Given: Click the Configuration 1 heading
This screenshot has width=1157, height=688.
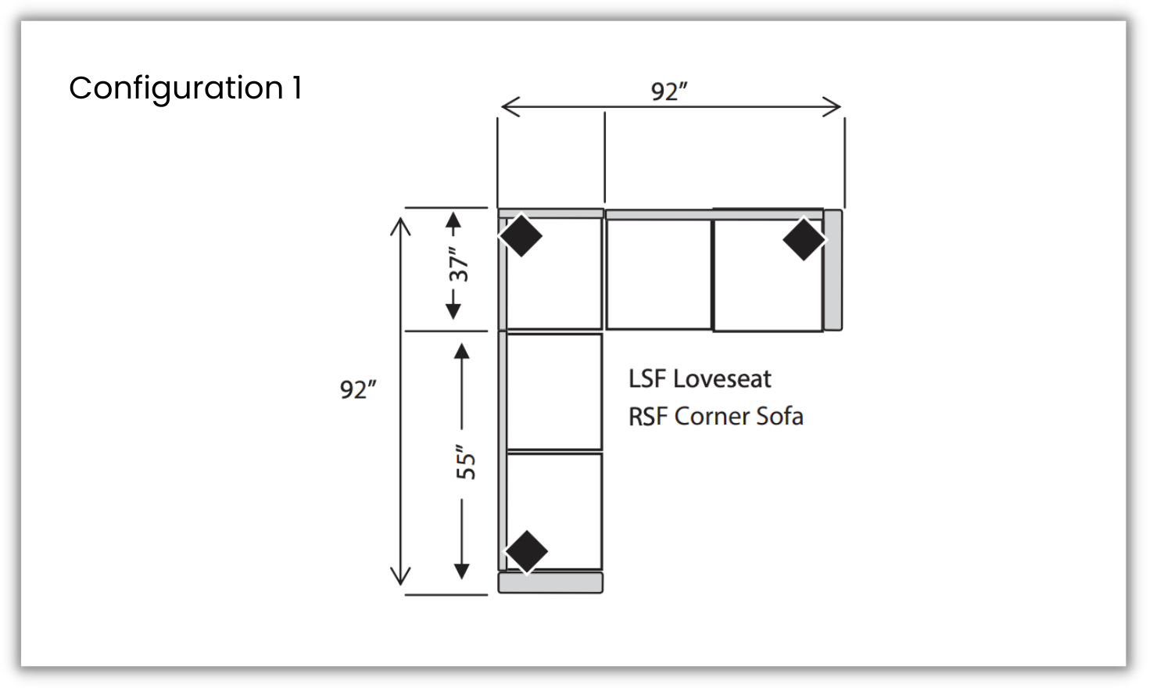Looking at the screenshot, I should click(185, 88).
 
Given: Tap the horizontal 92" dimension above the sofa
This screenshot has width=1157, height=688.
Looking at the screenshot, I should click(669, 91).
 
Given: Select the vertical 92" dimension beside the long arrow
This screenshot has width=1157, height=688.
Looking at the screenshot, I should click(358, 389).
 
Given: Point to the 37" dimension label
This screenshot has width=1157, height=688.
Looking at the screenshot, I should click(459, 264).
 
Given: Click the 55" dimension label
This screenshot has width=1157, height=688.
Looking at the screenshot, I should click(466, 462).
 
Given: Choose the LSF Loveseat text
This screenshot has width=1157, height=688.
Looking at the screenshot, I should click(700, 379).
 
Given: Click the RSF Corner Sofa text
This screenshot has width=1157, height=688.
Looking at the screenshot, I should click(715, 417).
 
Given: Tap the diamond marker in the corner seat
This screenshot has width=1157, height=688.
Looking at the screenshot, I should click(521, 235).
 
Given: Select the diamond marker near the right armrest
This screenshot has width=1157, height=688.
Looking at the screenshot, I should click(804, 239).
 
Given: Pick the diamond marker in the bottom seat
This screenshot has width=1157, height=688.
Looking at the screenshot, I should click(527, 551).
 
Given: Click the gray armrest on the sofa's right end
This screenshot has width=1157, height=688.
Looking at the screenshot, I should click(833, 270).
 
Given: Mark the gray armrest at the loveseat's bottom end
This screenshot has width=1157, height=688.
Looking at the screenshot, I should click(550, 582).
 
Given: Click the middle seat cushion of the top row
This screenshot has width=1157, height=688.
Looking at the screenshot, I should click(659, 274).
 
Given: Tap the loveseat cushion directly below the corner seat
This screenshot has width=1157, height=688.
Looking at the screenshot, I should click(554, 392).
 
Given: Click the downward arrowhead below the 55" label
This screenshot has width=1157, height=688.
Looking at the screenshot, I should click(462, 571).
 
